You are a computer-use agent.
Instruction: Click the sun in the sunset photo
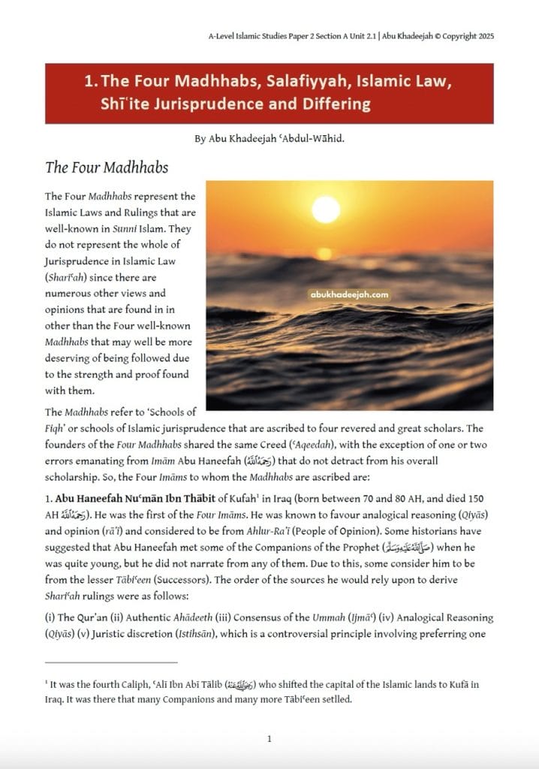pos(326,210)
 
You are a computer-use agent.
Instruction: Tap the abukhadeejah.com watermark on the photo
pos(349,295)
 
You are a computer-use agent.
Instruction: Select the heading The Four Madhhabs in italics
pos(107,167)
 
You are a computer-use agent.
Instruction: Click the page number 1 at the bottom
pos(269,740)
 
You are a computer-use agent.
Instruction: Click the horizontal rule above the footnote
pos(111,662)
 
